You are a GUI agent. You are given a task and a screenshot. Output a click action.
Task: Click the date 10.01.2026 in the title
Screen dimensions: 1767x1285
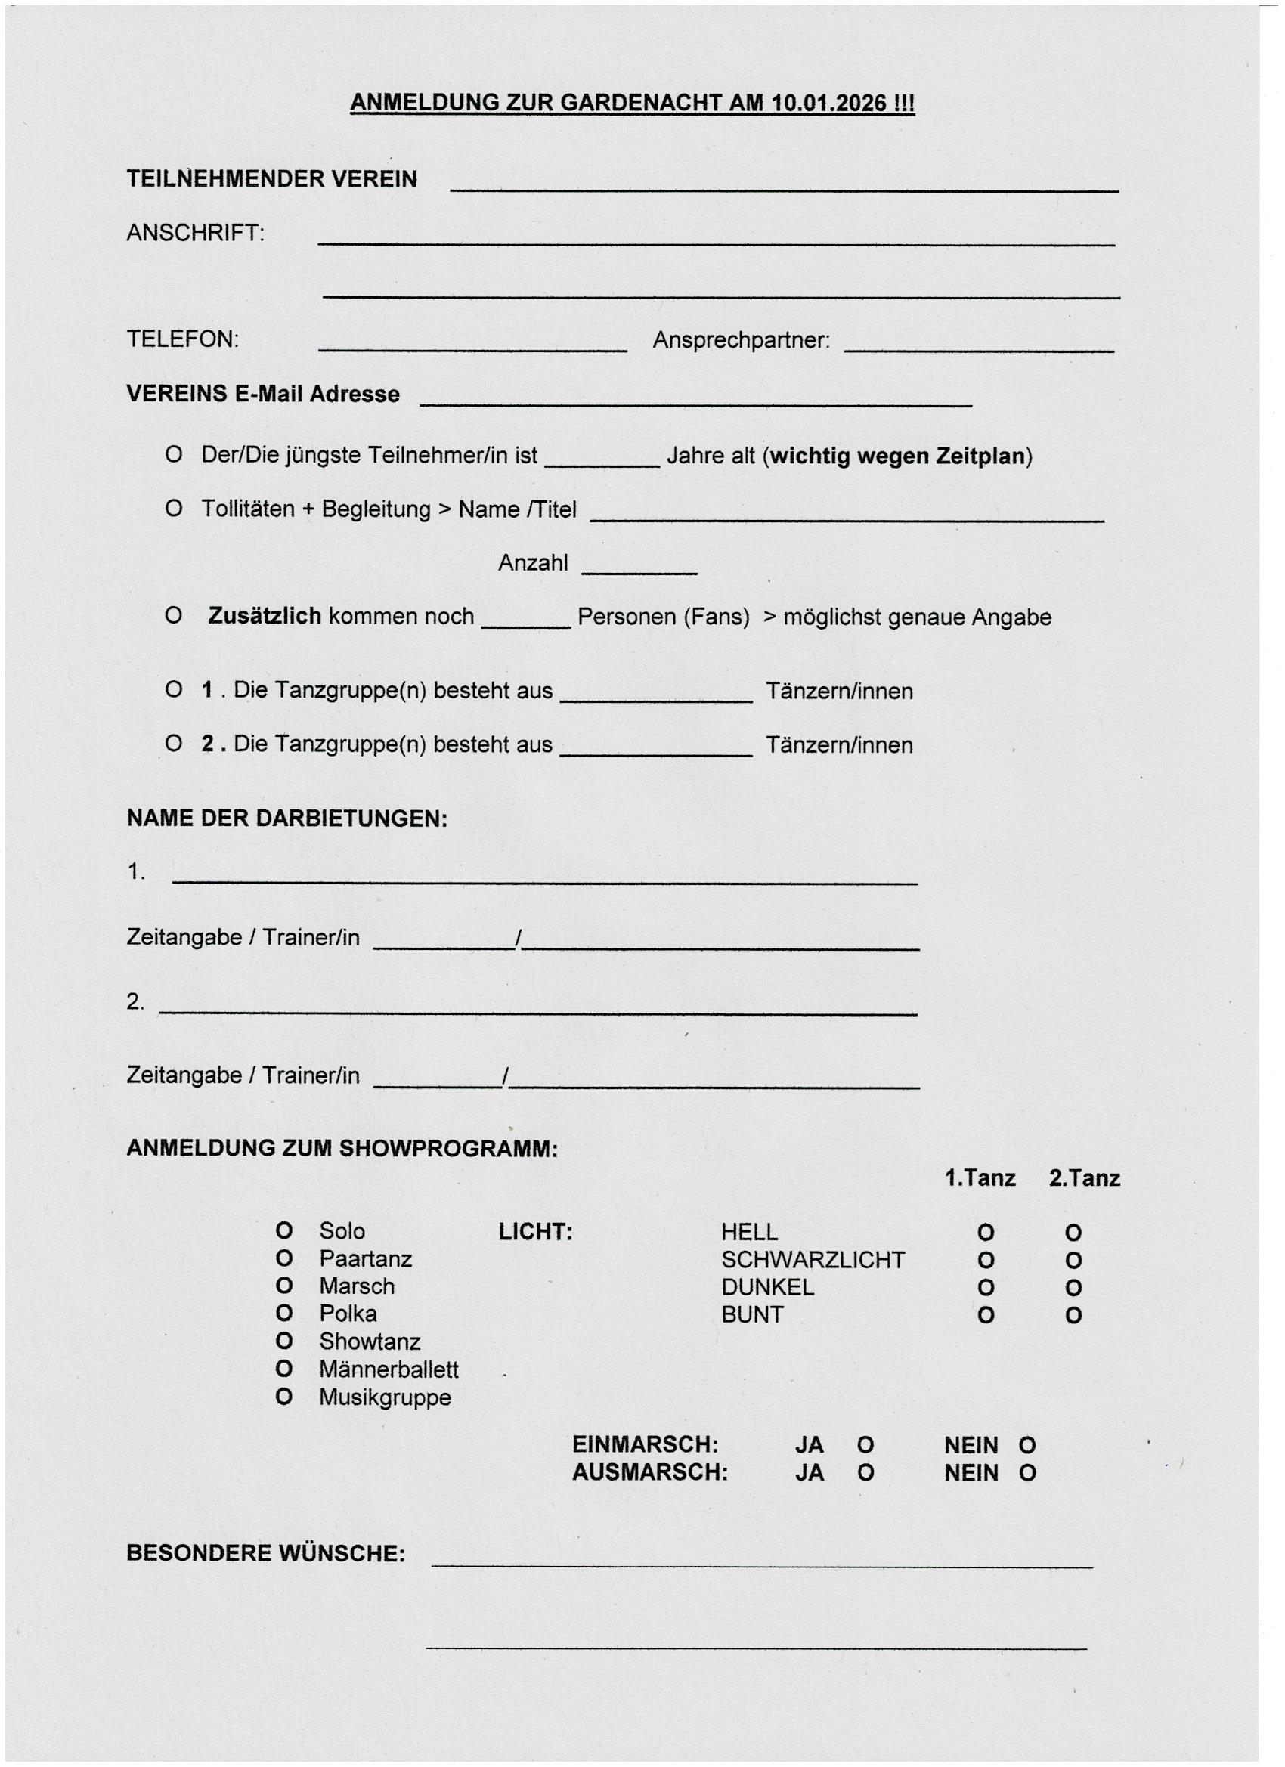[829, 103]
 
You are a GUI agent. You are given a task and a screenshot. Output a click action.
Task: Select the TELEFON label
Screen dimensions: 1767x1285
[182, 339]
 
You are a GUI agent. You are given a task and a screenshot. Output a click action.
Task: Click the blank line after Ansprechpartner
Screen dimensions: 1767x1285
[979, 350]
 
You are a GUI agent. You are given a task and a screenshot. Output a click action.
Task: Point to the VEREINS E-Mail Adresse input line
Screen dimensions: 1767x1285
[695, 404]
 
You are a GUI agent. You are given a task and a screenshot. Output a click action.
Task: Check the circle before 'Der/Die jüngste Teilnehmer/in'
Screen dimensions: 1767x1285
[174, 455]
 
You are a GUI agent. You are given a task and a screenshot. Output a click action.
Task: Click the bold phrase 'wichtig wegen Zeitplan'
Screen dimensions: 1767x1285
[898, 456]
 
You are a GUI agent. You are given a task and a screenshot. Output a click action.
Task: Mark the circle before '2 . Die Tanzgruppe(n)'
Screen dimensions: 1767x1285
[174, 744]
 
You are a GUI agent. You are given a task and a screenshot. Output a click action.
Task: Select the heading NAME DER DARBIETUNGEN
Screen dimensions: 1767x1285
[286, 819]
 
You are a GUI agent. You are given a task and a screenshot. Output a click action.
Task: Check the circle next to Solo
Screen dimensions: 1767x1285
[284, 1232]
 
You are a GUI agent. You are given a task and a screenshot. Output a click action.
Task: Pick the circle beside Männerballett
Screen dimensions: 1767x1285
[284, 1369]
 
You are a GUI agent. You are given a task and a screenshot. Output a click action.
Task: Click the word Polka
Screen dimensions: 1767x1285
[348, 1314]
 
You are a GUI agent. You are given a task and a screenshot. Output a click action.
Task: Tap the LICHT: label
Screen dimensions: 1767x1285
[535, 1233]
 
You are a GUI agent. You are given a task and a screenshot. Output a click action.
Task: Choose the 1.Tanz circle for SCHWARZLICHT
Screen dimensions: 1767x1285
[986, 1261]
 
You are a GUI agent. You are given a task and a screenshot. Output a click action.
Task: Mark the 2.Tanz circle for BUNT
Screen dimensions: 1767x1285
[1073, 1316]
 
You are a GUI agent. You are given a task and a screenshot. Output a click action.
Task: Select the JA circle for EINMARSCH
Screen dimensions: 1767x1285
[865, 1446]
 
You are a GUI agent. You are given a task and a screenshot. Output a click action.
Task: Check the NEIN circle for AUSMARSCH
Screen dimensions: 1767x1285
[1028, 1473]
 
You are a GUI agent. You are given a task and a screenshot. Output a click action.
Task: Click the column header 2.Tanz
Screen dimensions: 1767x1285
[1084, 1178]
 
